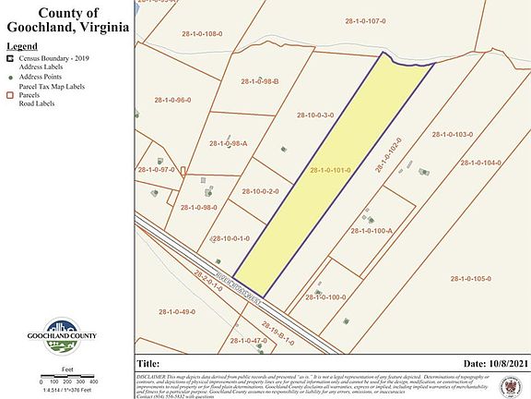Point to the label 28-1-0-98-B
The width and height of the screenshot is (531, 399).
[x=260, y=82]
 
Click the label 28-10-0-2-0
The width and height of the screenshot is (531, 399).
[x=260, y=191]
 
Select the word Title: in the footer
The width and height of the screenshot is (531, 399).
[x=149, y=363]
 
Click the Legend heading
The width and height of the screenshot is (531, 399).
[x=22, y=45]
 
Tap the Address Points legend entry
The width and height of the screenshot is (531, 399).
[x=42, y=77]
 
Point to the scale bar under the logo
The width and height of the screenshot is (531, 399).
[x=68, y=381]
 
